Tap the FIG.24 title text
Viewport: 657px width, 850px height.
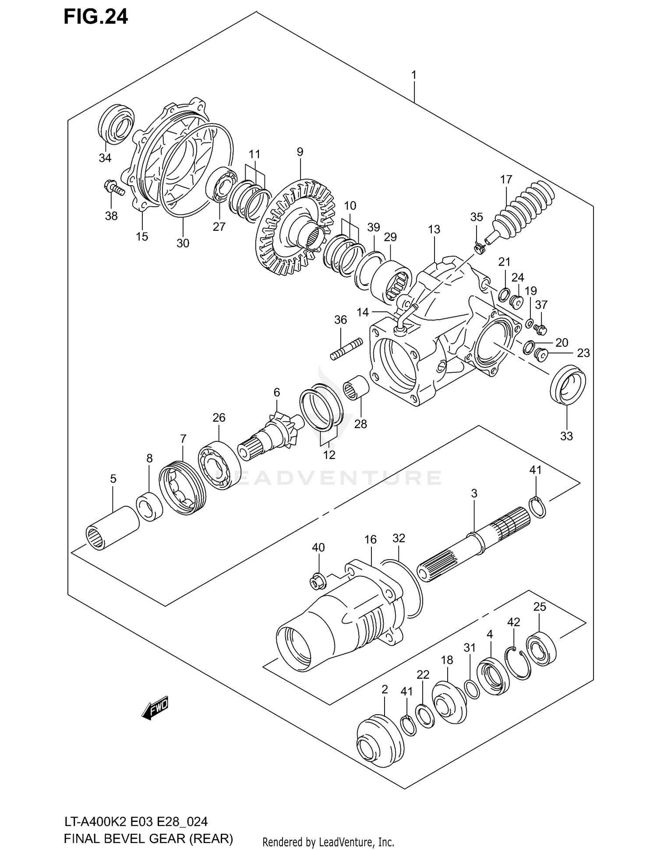click(x=95, y=17)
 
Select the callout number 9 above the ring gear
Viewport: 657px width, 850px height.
click(x=300, y=152)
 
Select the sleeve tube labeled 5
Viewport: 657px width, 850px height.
click(x=112, y=527)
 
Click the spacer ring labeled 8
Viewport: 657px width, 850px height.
click(x=150, y=507)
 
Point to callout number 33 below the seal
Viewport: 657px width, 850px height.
click(x=566, y=436)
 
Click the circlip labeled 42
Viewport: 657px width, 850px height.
click(x=519, y=663)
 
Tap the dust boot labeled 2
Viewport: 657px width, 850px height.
click(x=380, y=741)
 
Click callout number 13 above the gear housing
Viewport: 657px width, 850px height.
click(x=434, y=229)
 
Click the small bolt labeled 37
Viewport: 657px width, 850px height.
click(x=541, y=328)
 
